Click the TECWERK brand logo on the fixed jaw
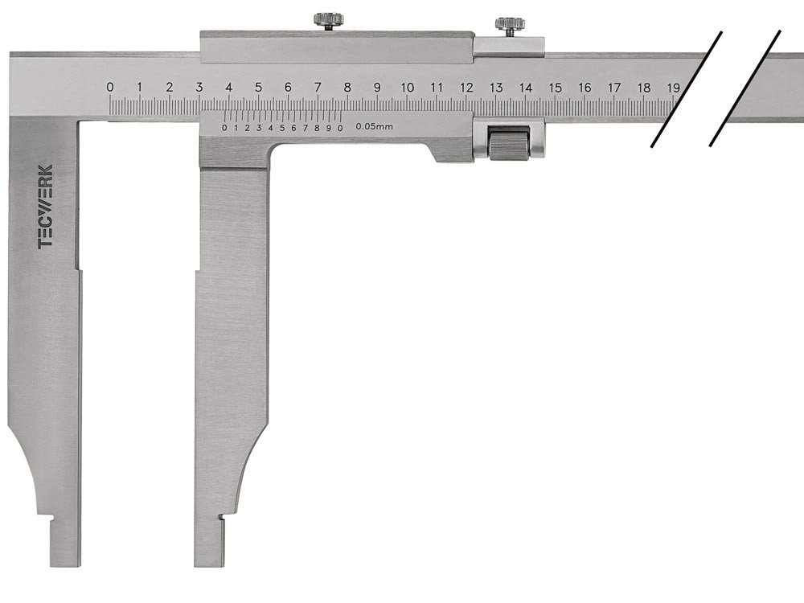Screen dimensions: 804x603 point(46,207)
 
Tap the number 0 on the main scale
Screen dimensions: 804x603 point(109,87)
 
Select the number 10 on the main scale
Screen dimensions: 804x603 point(407,88)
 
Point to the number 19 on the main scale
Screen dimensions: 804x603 point(673,88)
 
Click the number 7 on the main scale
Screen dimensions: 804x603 point(318,88)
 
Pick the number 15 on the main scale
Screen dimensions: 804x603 point(556,88)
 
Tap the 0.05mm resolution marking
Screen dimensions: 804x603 point(375,126)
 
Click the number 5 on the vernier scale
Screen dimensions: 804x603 point(282,128)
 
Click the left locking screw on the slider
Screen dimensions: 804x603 point(328,22)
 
